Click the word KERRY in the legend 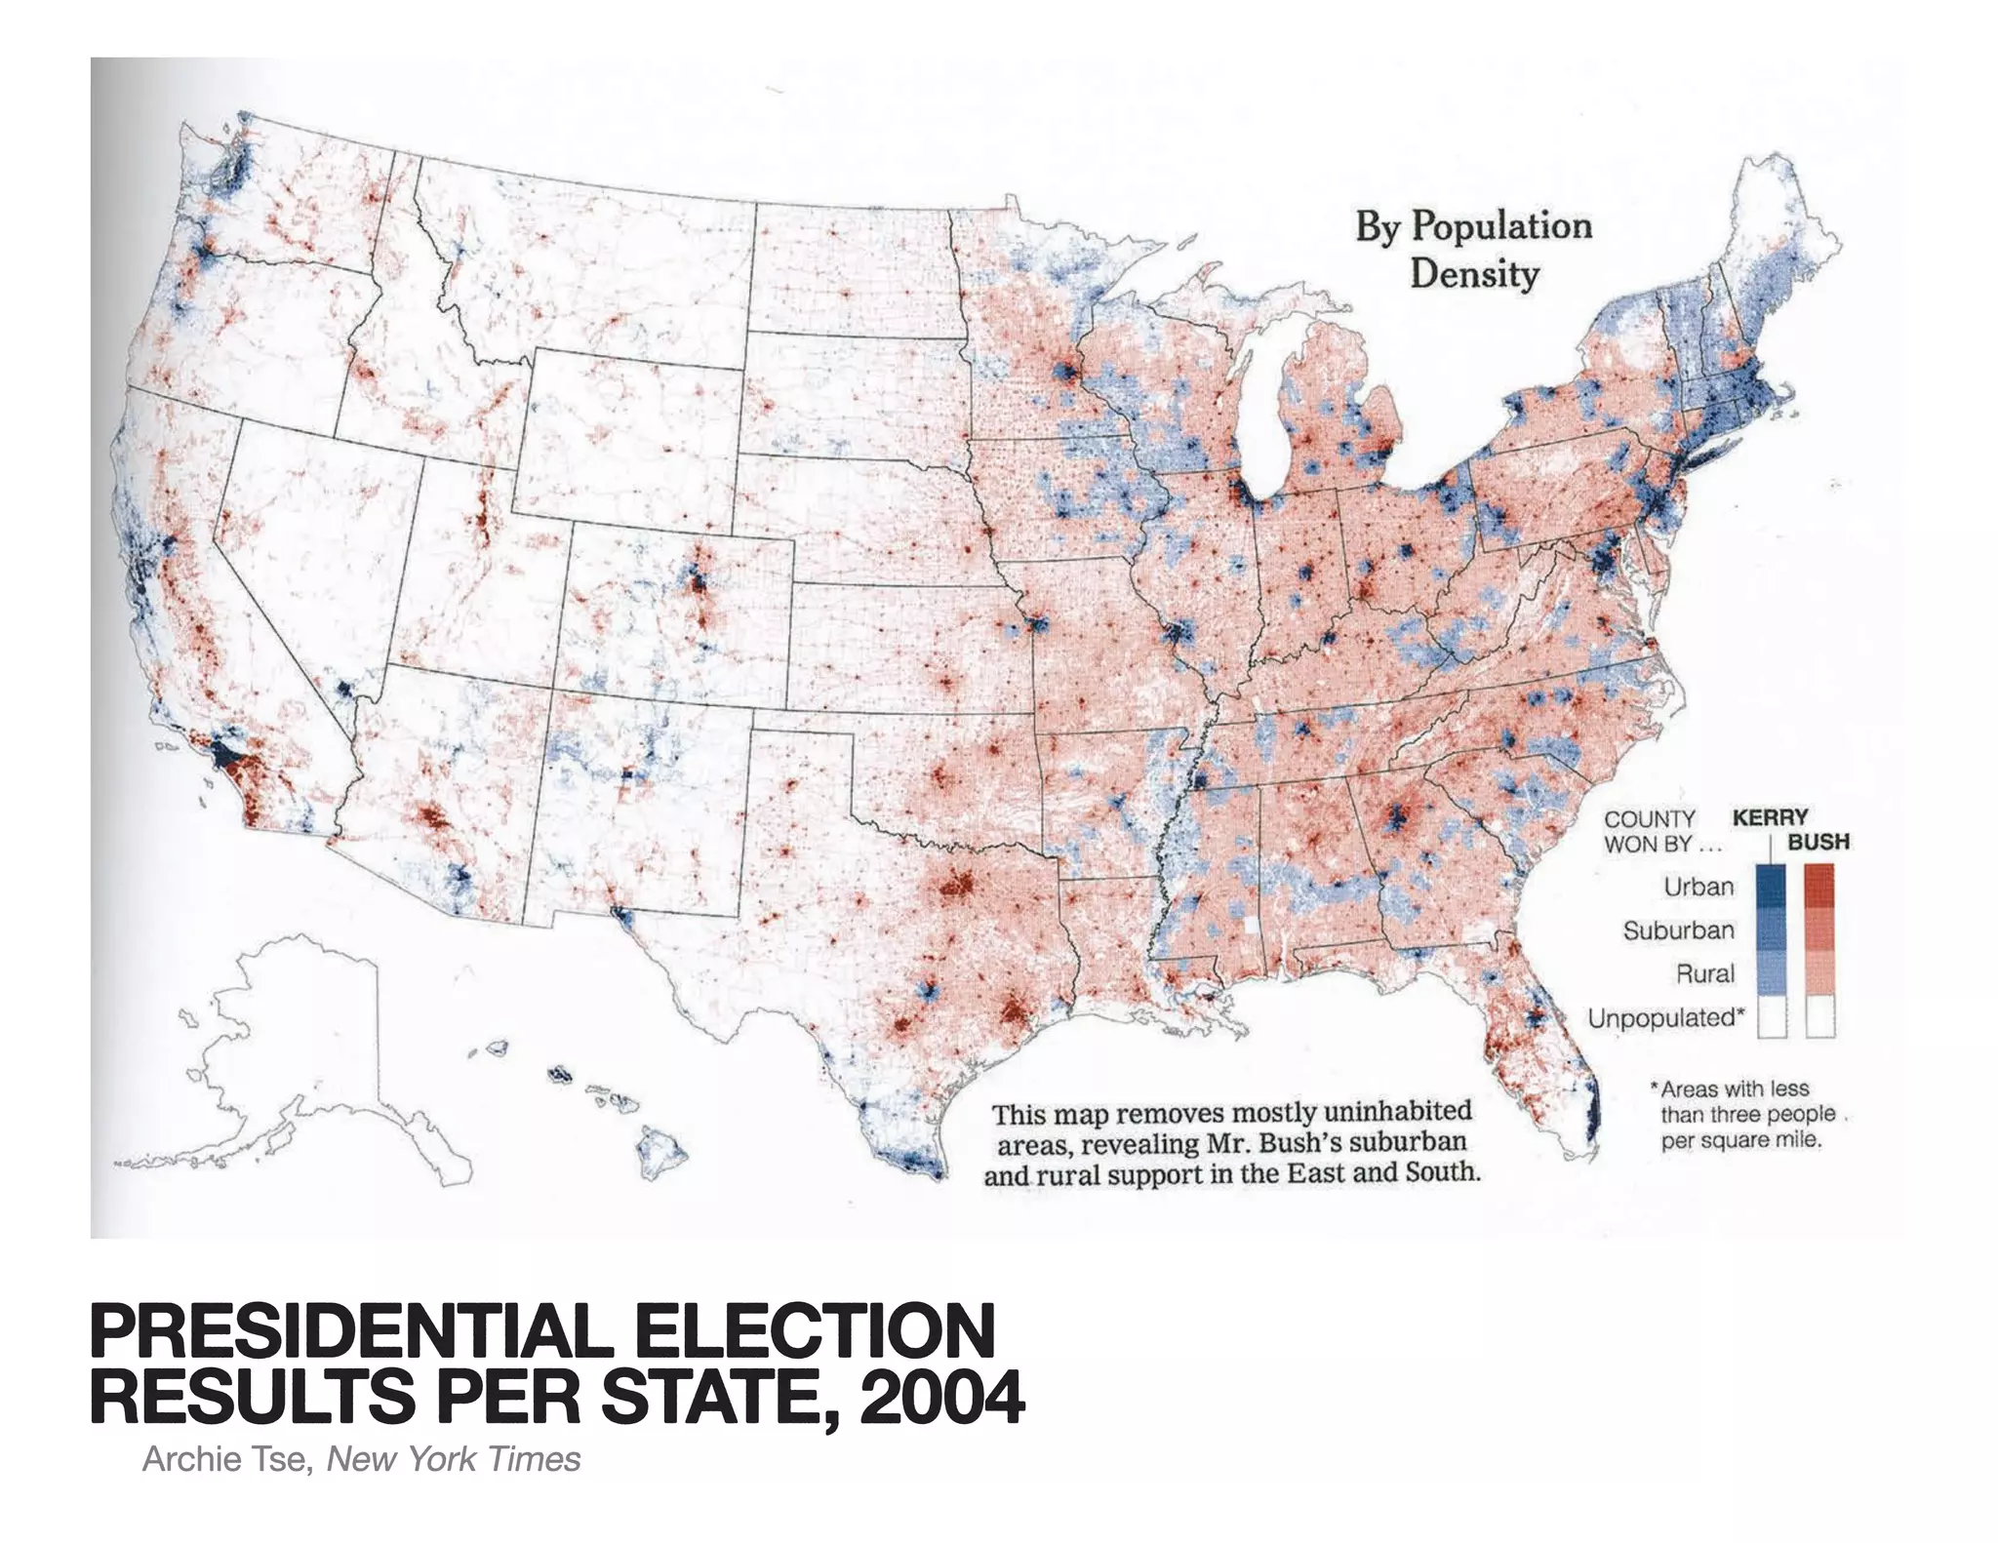1770,817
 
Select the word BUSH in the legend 1818,842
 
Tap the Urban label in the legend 1698,887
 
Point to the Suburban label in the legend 1678,930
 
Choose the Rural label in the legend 1704,973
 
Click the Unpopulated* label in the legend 1664,1018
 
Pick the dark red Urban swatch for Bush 1819,886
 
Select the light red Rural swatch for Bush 1819,973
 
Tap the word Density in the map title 1473,274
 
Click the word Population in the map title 1502,226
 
